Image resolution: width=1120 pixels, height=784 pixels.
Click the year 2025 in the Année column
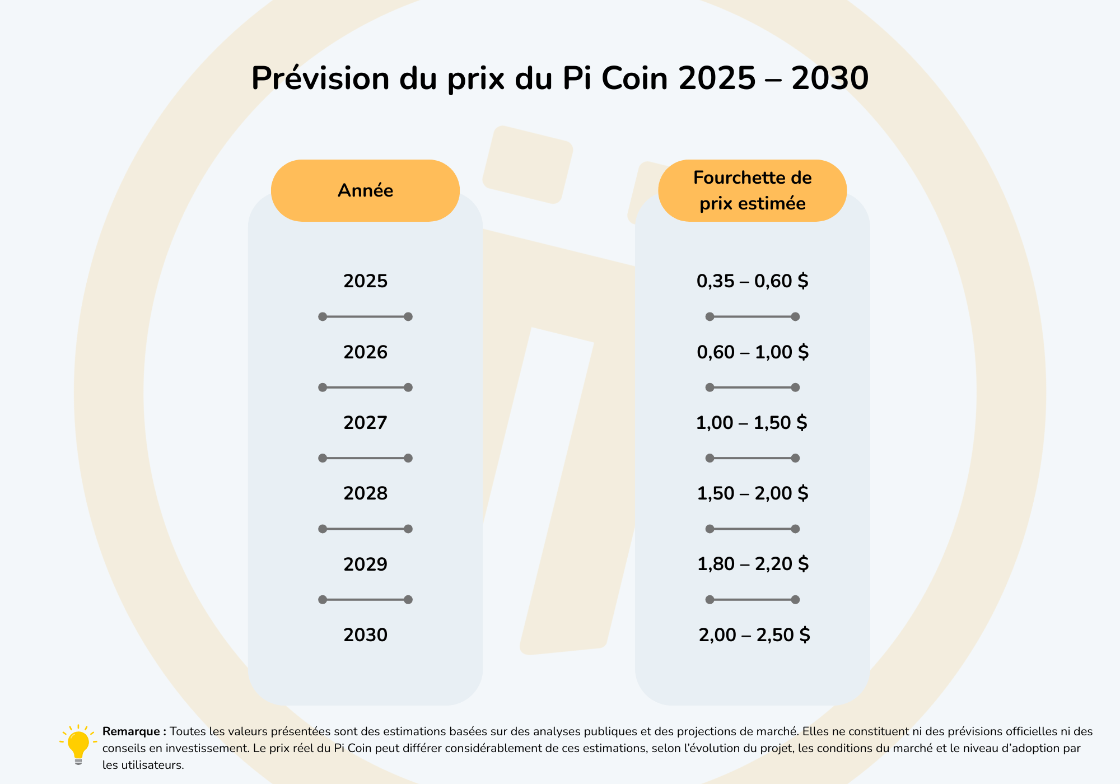[x=365, y=281]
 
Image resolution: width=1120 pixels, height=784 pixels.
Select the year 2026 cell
[x=365, y=352]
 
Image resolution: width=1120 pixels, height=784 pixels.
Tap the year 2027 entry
[x=365, y=423]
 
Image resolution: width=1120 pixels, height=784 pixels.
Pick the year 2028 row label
[x=365, y=493]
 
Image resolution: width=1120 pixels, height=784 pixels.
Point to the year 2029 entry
[x=365, y=564]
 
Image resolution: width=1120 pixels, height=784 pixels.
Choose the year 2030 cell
[x=365, y=635]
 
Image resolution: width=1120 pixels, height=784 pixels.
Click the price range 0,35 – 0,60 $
[x=752, y=281]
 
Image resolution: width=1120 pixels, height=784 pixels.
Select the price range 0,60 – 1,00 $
[x=752, y=352]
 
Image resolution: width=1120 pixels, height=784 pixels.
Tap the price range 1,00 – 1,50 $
[x=752, y=423]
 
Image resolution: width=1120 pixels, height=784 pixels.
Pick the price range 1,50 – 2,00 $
[x=752, y=493]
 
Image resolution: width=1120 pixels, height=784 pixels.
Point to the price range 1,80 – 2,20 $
[x=753, y=564]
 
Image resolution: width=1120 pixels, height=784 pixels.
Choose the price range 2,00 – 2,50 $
[x=754, y=635]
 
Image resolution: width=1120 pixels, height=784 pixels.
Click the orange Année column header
[x=365, y=190]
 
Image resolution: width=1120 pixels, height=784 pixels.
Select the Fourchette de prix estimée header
[x=752, y=190]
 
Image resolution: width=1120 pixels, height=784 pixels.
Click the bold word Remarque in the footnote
[x=131, y=731]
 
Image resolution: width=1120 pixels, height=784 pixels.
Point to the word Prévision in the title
[x=320, y=78]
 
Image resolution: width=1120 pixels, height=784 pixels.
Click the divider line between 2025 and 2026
[x=365, y=317]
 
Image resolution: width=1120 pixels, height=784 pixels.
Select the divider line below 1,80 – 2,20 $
[x=752, y=600]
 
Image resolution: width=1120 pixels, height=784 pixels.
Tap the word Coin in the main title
[x=634, y=78]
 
